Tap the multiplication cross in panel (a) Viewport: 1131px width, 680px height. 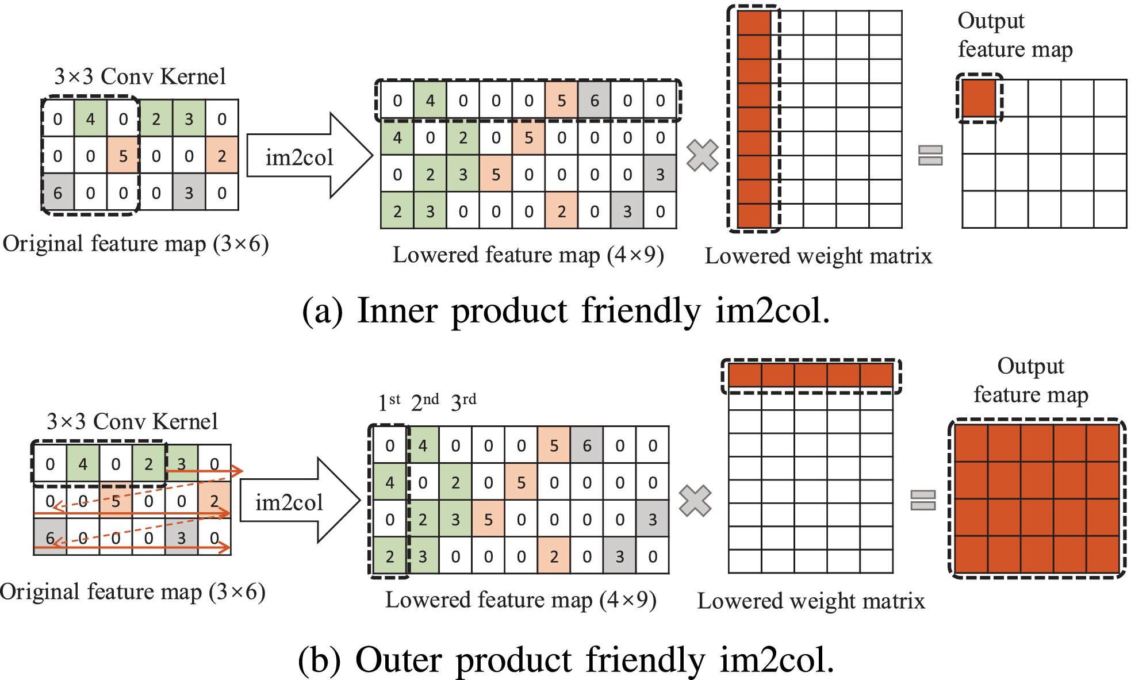click(702, 155)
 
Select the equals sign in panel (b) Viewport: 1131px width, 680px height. click(923, 500)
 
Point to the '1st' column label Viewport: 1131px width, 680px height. click(389, 401)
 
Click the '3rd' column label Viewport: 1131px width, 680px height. click(463, 401)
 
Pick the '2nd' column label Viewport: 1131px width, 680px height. click(425, 401)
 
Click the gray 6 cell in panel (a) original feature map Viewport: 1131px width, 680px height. click(58, 193)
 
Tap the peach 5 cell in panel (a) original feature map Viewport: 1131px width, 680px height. click(123, 156)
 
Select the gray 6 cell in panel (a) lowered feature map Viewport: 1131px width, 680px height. click(595, 101)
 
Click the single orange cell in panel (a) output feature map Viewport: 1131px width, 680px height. click(979, 98)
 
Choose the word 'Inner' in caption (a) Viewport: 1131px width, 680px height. click(397, 311)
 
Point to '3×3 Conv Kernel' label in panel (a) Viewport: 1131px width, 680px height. click(140, 76)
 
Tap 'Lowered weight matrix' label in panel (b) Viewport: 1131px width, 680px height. click(811, 601)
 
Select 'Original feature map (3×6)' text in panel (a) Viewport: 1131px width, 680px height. click(136, 244)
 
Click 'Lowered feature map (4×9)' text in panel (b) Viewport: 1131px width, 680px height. click(520, 600)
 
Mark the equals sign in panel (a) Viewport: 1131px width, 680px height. click(930, 155)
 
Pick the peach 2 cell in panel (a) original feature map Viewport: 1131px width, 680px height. click(222, 156)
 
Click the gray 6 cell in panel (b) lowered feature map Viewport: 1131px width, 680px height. click(587, 445)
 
